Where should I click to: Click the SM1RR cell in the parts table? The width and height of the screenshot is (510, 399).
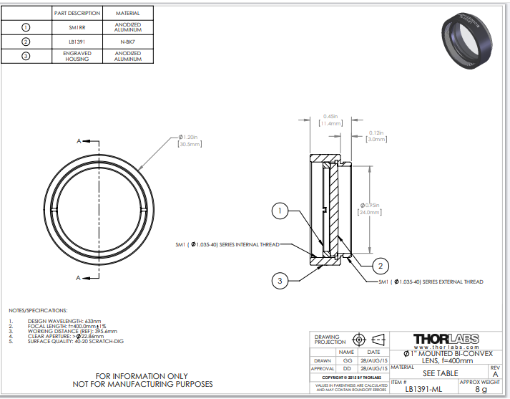click(x=75, y=27)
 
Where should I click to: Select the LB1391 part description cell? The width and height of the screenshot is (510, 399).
click(x=75, y=42)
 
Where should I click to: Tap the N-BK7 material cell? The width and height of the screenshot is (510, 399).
click(x=127, y=42)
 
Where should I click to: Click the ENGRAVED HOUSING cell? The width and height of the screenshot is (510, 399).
click(x=75, y=57)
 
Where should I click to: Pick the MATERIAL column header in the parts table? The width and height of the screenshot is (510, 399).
click(x=127, y=13)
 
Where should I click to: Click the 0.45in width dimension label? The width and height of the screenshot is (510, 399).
click(x=330, y=120)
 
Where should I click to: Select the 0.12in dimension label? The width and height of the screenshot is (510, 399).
click(x=376, y=135)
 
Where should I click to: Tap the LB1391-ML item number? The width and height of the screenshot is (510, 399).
click(x=424, y=390)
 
